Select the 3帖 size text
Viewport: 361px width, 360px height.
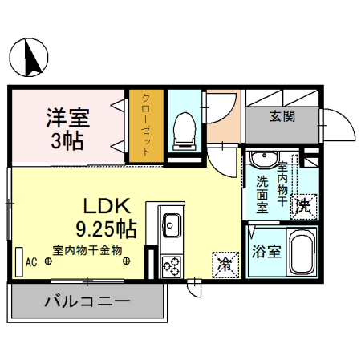point(67,144)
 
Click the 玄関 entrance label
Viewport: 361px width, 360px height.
point(282,116)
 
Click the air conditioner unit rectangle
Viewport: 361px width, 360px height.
point(19,260)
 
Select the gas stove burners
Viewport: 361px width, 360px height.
point(172,265)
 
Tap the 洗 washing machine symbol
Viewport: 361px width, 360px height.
point(302,205)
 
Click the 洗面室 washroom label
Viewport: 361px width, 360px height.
point(262,193)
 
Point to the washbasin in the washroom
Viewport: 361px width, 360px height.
point(262,158)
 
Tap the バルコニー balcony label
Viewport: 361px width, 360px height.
point(87,303)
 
